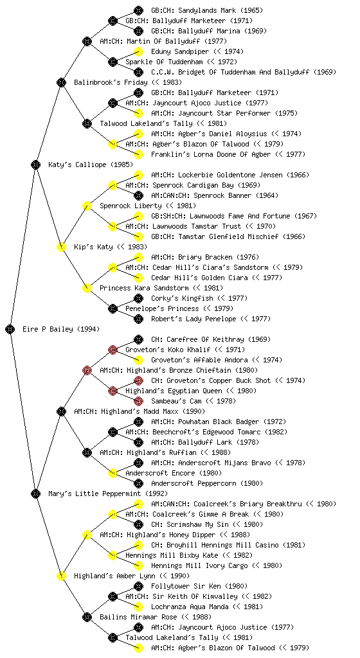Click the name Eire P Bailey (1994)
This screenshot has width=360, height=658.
61,329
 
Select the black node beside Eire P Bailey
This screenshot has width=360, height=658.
10,329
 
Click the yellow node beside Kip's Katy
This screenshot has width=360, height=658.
61,247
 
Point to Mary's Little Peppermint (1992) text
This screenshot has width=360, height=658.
108,493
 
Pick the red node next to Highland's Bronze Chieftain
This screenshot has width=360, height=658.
87,370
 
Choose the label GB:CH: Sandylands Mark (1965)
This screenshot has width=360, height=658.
207,10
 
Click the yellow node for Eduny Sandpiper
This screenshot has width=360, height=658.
138,51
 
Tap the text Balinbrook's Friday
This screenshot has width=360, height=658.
111,82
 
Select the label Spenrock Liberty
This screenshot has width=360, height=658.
130,206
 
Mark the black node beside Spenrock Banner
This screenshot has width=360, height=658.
138,195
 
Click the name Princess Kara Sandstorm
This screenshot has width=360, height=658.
144,288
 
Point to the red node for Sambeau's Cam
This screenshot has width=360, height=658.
138,401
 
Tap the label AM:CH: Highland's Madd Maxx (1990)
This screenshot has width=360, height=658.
139,411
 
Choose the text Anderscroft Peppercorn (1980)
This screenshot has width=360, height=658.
207,483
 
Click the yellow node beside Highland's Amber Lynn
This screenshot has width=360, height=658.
61,576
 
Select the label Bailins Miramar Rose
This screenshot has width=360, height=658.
138,617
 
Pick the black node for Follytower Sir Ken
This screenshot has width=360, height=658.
138,586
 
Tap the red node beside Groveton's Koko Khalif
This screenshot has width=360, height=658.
113,350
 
